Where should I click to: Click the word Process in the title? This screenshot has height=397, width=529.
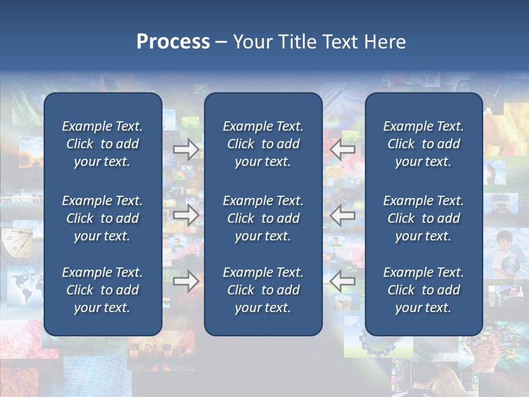click(x=173, y=42)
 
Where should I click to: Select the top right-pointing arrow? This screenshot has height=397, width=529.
click(x=186, y=149)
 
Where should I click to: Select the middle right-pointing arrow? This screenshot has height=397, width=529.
click(x=186, y=215)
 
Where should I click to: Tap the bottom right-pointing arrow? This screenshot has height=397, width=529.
click(x=186, y=282)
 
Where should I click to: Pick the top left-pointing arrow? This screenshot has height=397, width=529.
click(x=342, y=149)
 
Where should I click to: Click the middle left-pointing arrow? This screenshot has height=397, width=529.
click(x=342, y=215)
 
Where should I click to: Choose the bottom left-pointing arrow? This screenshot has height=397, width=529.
click(x=342, y=282)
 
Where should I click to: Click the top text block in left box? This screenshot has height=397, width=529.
click(x=102, y=144)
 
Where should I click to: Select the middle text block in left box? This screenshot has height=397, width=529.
click(x=102, y=218)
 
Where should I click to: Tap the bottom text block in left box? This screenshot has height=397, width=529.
click(x=102, y=290)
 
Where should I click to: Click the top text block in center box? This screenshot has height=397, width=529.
click(x=263, y=144)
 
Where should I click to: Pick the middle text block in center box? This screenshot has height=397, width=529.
click(x=263, y=218)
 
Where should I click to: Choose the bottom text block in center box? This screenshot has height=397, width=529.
click(x=263, y=290)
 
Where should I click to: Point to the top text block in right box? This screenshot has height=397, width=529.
click(x=423, y=144)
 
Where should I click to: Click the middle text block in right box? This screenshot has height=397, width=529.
click(x=423, y=218)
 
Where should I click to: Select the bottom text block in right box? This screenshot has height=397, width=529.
click(x=423, y=290)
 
